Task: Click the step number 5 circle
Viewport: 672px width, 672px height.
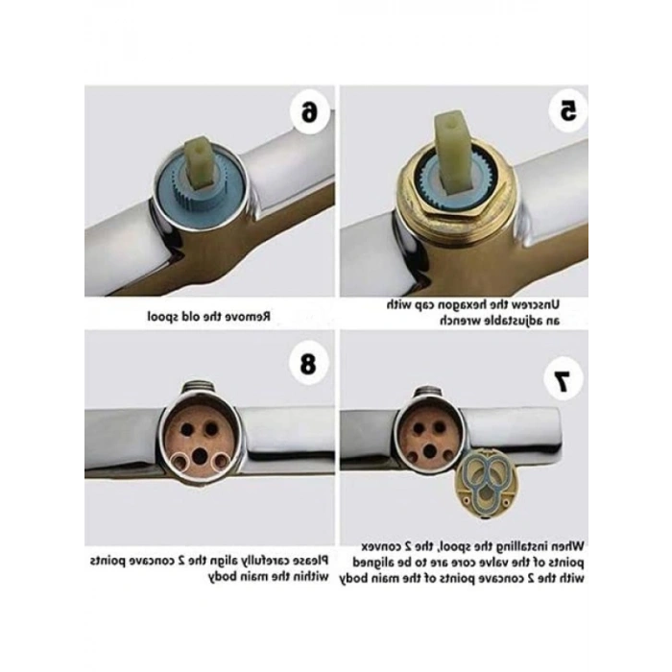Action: point(568,112)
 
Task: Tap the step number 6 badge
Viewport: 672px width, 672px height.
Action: point(309,113)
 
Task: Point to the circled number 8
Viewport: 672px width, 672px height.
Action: point(308,364)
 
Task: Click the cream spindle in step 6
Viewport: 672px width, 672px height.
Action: point(203,160)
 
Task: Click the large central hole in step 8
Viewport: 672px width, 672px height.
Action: point(200,456)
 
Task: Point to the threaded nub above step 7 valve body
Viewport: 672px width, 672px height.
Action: point(427,393)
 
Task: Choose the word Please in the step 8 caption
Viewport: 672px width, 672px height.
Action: point(308,560)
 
